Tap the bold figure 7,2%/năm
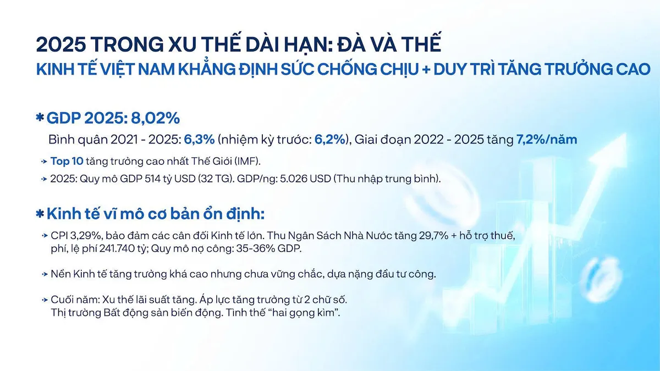(547, 139)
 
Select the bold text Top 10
(65, 161)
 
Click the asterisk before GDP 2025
(40, 118)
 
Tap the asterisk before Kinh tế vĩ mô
(40, 213)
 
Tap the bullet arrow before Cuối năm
(44, 300)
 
